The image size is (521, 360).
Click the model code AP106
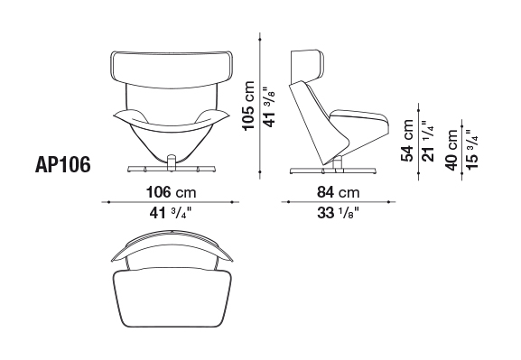(x=62, y=164)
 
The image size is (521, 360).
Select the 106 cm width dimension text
(x=172, y=192)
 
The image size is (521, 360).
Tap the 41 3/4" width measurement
(x=171, y=213)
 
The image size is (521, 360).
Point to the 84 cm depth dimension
(x=338, y=192)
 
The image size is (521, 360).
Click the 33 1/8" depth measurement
(x=339, y=213)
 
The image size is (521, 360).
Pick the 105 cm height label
(x=248, y=106)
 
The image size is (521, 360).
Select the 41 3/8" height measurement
(x=269, y=107)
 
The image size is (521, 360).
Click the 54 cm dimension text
(x=407, y=141)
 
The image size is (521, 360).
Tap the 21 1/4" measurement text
(x=428, y=141)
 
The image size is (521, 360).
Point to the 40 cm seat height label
(x=451, y=150)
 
